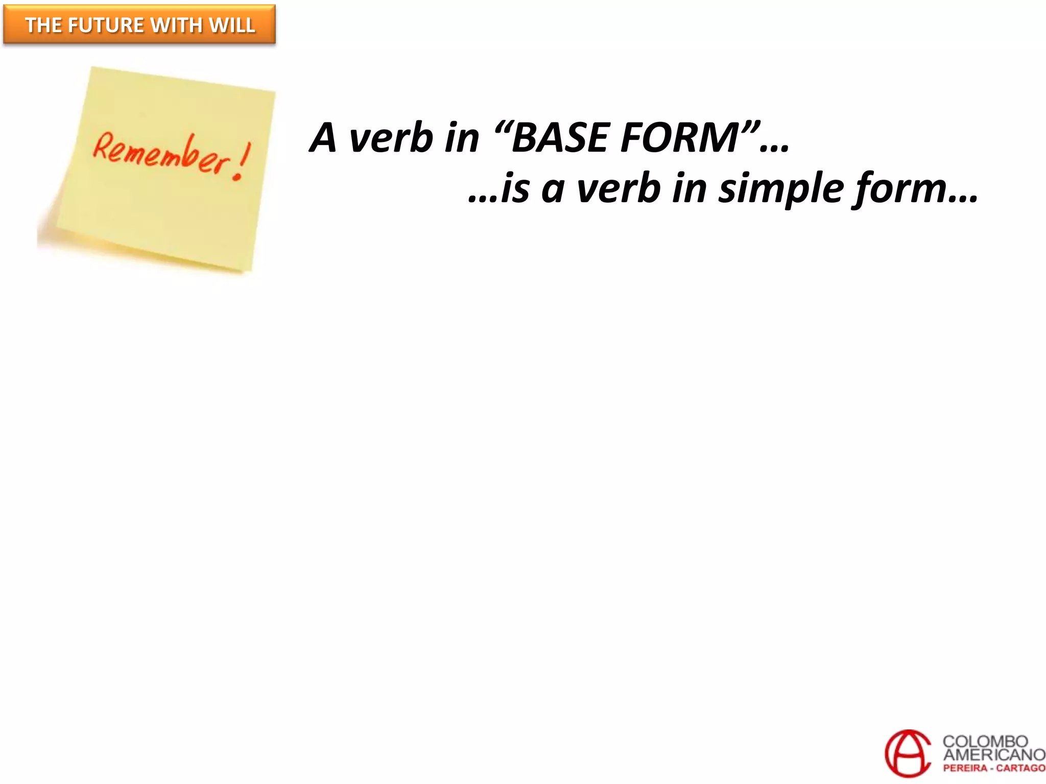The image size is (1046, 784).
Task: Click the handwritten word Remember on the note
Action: coord(160,153)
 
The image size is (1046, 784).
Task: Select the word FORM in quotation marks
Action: coord(679,138)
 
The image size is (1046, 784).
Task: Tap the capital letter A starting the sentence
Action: coord(323,138)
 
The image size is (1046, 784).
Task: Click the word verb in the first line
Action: coord(391,138)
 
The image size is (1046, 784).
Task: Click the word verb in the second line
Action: coord(619,188)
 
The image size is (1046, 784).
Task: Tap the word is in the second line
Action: coord(515,188)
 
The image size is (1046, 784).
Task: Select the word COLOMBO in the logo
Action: coord(985,741)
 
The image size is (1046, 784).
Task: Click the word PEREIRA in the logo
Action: coord(965,768)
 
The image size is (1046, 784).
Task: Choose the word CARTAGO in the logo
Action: coord(1020,768)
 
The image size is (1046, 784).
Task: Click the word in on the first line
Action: coord(461,138)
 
